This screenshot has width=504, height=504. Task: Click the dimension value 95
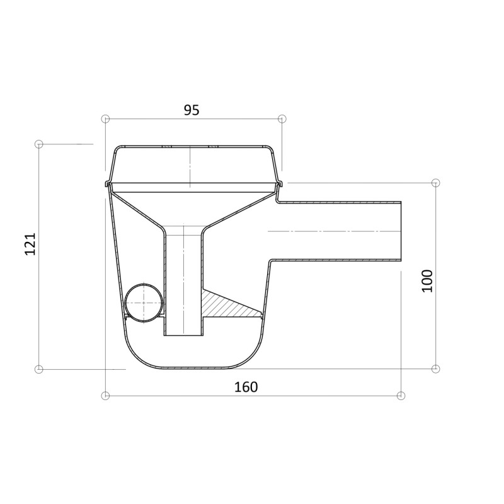point(192,110)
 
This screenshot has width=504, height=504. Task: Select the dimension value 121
point(30,244)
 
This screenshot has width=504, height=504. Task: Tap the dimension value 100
point(427,280)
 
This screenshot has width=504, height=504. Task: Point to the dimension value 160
point(246,387)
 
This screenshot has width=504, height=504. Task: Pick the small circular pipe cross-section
point(144,302)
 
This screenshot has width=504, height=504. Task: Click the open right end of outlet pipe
point(401,231)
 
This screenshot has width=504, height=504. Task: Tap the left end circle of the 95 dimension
point(105,119)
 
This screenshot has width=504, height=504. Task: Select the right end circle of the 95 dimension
point(282,119)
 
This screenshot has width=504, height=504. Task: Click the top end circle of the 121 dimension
point(38,144)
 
